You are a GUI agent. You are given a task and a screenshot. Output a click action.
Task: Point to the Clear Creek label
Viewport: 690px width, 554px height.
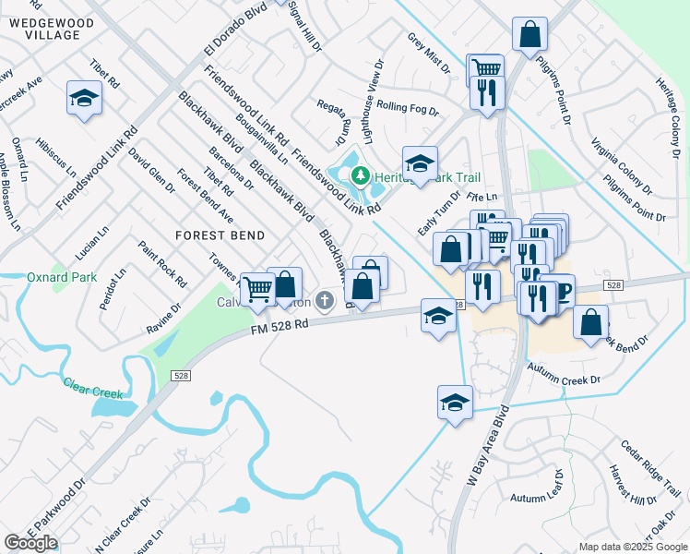click(x=92, y=383)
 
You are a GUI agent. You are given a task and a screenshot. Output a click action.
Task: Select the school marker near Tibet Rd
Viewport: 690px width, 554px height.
click(x=84, y=98)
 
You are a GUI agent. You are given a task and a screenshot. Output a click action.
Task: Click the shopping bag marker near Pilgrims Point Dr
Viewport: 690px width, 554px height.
click(x=530, y=35)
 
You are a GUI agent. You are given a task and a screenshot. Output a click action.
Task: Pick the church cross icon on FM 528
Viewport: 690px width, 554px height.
click(x=324, y=300)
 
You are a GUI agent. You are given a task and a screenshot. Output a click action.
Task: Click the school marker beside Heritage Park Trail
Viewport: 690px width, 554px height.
click(x=420, y=164)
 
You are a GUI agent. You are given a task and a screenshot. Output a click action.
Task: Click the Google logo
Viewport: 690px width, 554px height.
click(x=30, y=543)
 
